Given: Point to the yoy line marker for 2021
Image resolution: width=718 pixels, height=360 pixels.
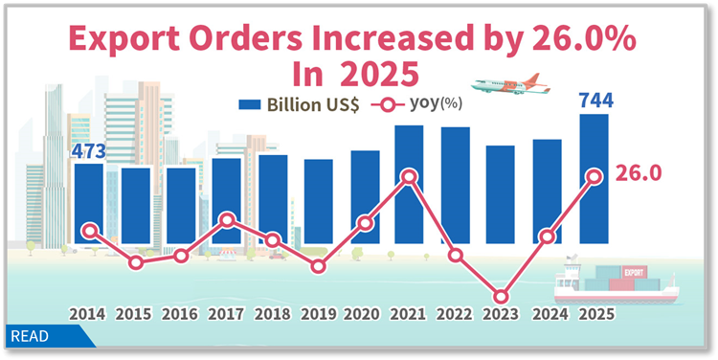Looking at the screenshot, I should click(x=409, y=176).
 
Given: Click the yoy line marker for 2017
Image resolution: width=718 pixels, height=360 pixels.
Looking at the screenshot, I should click(x=227, y=220).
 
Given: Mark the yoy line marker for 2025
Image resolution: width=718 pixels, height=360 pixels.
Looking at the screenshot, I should click(x=594, y=176).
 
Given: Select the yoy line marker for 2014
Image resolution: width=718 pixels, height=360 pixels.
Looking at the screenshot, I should click(x=90, y=230).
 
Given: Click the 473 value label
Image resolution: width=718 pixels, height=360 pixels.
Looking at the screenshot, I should click(x=88, y=151).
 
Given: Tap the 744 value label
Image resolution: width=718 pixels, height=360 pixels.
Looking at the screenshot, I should click(x=595, y=100).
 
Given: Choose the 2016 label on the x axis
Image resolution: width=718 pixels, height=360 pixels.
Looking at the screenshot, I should click(x=180, y=313).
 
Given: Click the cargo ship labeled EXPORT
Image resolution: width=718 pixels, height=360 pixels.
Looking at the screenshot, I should click(x=613, y=281).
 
